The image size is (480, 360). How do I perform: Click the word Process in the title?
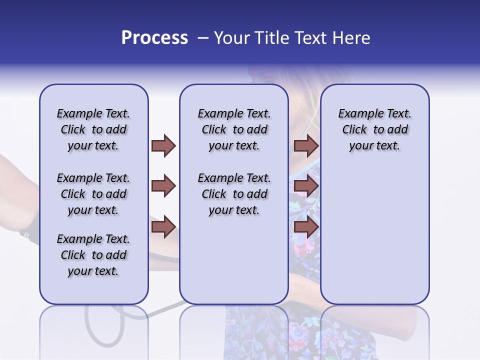tap(154, 38)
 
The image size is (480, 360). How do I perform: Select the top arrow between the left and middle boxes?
tap(163, 145)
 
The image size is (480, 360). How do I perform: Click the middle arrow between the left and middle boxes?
tap(163, 186)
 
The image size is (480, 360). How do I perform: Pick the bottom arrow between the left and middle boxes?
tap(163, 227)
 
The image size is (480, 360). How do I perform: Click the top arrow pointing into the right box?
tap(306, 145)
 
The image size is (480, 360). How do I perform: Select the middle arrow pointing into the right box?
tap(306, 186)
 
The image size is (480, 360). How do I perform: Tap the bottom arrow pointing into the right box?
tap(306, 227)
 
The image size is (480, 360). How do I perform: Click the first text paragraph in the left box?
tap(93, 129)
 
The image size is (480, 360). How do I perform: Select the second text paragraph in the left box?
tap(93, 194)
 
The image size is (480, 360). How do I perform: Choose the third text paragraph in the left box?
tap(93, 255)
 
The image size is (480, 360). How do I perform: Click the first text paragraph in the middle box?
tap(234, 129)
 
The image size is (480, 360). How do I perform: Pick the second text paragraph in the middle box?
tap(234, 194)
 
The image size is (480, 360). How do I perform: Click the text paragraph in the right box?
tap(374, 129)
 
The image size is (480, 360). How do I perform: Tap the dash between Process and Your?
tap(202, 38)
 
